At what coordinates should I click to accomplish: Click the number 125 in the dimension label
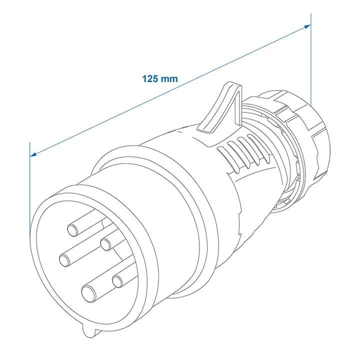tap(150, 79)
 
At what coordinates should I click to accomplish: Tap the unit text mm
tap(169, 79)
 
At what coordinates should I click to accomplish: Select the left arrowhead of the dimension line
tap(33, 154)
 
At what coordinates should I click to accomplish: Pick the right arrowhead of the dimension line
tap(307, 26)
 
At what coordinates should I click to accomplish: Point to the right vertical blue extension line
tap(311, 59)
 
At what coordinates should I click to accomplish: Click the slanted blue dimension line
tap(170, 90)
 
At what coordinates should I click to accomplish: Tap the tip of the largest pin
tap(89, 294)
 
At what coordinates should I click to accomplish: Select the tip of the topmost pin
tap(72, 230)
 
